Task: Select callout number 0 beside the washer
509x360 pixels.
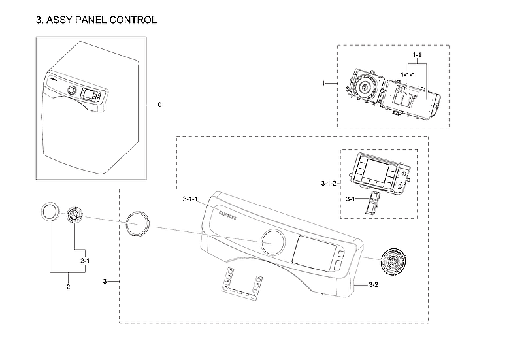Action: point(159,105)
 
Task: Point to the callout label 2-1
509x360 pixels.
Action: point(85,261)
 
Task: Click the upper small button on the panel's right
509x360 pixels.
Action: point(340,254)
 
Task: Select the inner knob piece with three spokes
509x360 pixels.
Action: point(75,216)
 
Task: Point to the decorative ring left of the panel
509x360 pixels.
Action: point(139,224)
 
